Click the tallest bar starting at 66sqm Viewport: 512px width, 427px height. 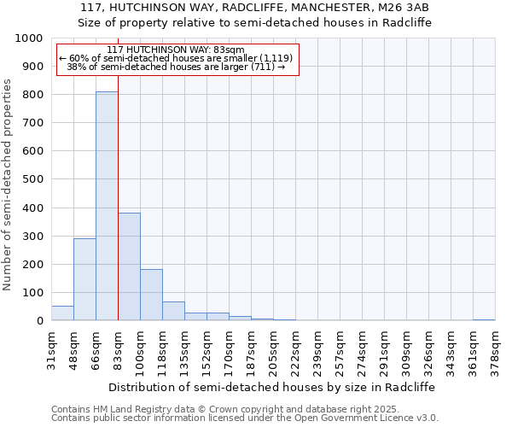(107, 206)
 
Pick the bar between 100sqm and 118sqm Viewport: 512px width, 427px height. (151, 295)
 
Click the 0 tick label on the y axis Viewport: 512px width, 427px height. (39, 321)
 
